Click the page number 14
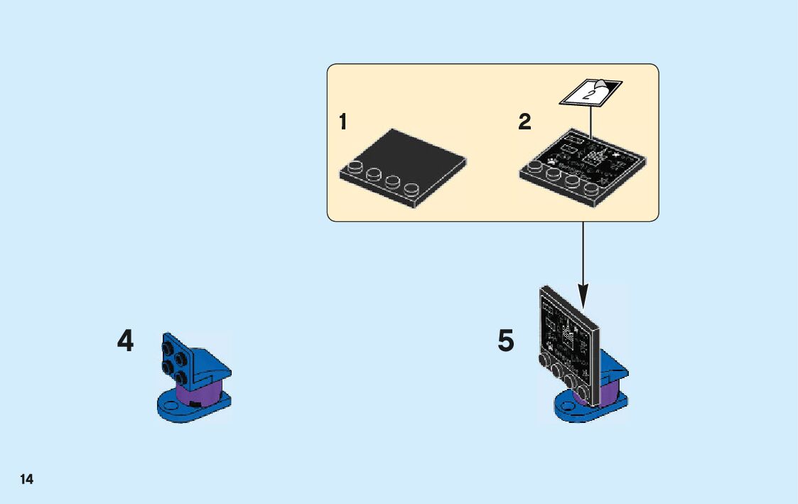(26, 479)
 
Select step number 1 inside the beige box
(343, 122)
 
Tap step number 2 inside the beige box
(524, 122)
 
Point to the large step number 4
(125, 342)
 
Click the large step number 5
(505, 342)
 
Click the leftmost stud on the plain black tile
(353, 170)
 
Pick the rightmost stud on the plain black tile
(411, 191)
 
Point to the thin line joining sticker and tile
(592, 121)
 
